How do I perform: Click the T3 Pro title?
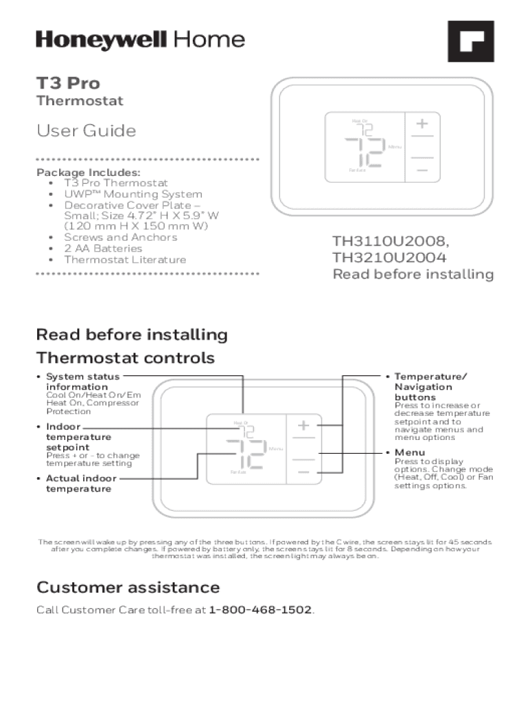pos(68,84)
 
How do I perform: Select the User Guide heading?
pos(86,131)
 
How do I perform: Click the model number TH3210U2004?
pos(390,258)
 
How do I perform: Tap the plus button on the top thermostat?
pos(420,124)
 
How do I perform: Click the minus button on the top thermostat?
pos(420,170)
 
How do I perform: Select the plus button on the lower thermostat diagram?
pos(304,426)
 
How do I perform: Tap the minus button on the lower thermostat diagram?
pos(304,472)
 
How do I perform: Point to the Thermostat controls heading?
pos(125,358)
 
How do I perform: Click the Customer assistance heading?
pos(128,588)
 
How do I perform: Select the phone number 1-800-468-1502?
pos(260,610)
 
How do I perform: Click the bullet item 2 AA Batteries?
pos(103,248)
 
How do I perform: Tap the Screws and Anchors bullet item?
pos(120,237)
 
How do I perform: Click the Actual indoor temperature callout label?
pos(81,483)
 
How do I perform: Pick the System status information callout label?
pos(83,382)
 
